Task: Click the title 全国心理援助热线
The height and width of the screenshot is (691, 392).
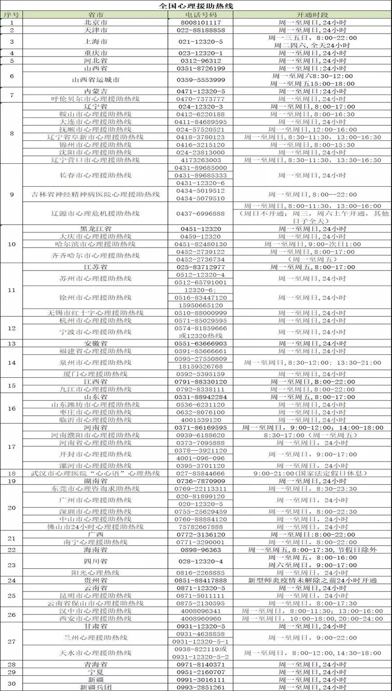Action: click(x=196, y=6)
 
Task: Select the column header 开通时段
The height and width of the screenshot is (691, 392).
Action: click(x=312, y=15)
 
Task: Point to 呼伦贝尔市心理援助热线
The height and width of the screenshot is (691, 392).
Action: click(x=95, y=99)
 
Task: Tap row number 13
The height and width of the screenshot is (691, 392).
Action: click(x=12, y=344)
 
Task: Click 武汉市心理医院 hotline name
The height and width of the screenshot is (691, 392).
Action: click(x=95, y=473)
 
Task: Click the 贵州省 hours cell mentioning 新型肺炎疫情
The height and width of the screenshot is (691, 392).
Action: click(x=312, y=580)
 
